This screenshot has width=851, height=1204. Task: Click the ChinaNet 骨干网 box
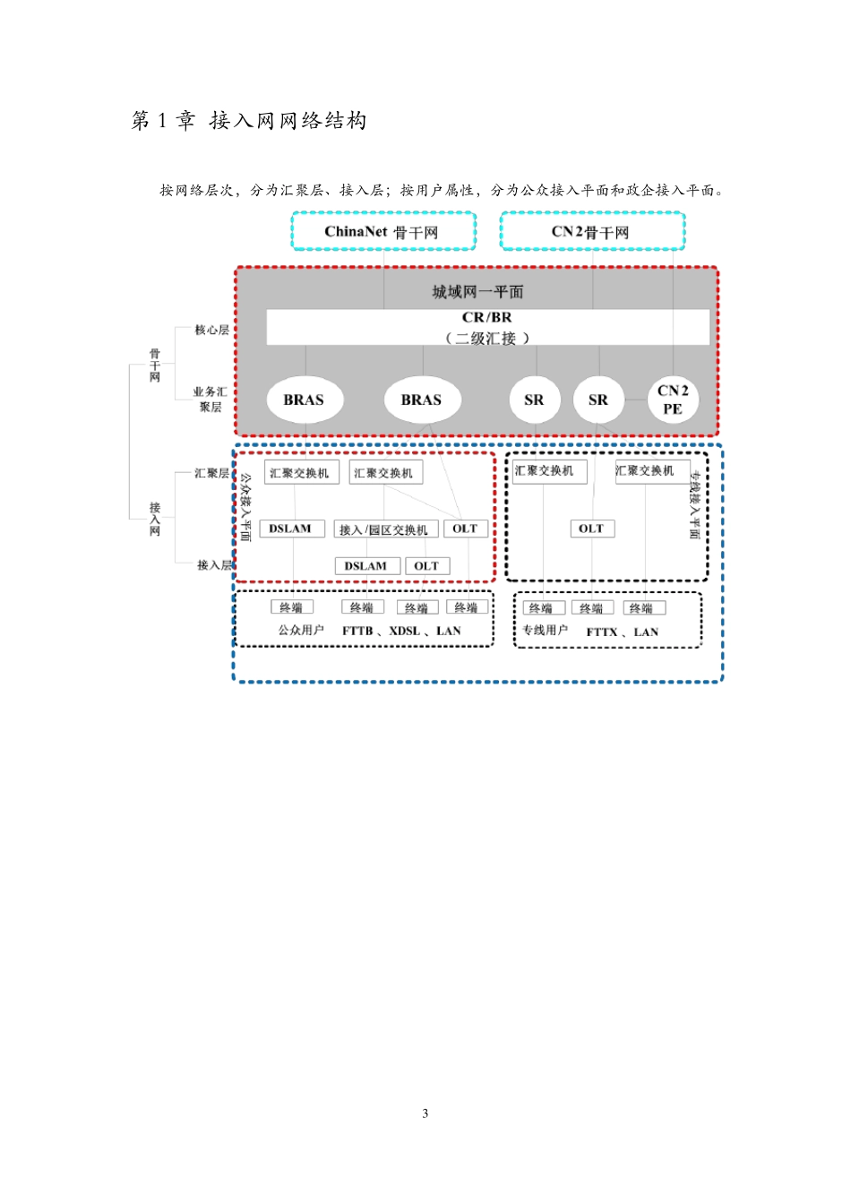pos(383,231)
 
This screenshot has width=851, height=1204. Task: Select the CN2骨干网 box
pos(592,231)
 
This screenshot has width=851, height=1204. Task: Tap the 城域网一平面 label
pos(477,292)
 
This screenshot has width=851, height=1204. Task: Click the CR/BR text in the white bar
pos(487,317)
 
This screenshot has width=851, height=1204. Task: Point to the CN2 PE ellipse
pos(673,400)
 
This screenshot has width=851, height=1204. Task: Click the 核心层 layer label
pos(211,330)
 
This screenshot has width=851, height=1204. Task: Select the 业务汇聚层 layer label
pos(211,399)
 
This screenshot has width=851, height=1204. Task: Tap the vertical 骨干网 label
pos(155,365)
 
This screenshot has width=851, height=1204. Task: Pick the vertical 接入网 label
pos(155,519)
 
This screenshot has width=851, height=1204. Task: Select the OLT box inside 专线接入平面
pos(592,529)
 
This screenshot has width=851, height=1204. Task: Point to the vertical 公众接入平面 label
pos(245,507)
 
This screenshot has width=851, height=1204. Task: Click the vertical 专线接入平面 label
pos(695,504)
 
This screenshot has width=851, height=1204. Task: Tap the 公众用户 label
pos(301,630)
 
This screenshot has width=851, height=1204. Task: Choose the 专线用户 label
pos(546,630)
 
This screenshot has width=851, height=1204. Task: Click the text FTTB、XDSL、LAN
pos(401,631)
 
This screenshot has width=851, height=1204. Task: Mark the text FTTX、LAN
pos(622,632)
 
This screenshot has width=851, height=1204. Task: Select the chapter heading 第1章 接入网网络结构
pos(249,120)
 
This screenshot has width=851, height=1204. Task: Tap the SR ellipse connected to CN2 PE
pos(598,400)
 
